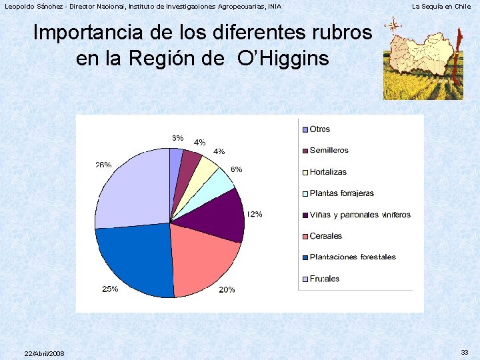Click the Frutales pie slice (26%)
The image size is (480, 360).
tap(133, 190)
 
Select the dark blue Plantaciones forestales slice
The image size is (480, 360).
tap(137, 257)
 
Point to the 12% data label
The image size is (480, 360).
tap(254, 215)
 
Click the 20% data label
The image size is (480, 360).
tap(227, 290)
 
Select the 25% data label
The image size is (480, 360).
tap(110, 289)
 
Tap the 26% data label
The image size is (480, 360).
tap(103, 165)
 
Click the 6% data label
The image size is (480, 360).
tap(236, 169)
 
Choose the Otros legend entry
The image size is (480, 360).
tap(319, 129)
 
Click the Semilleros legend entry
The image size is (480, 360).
tap(329, 151)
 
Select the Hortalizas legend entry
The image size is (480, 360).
tap(328, 172)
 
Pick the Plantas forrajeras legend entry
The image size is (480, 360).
tap(341, 193)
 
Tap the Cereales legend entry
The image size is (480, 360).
tap(325, 236)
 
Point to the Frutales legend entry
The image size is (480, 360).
tap(324, 279)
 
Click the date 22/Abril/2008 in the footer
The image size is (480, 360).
tap(44, 353)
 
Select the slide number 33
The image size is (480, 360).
tap(465, 352)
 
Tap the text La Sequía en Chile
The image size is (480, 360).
tap(441, 7)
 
